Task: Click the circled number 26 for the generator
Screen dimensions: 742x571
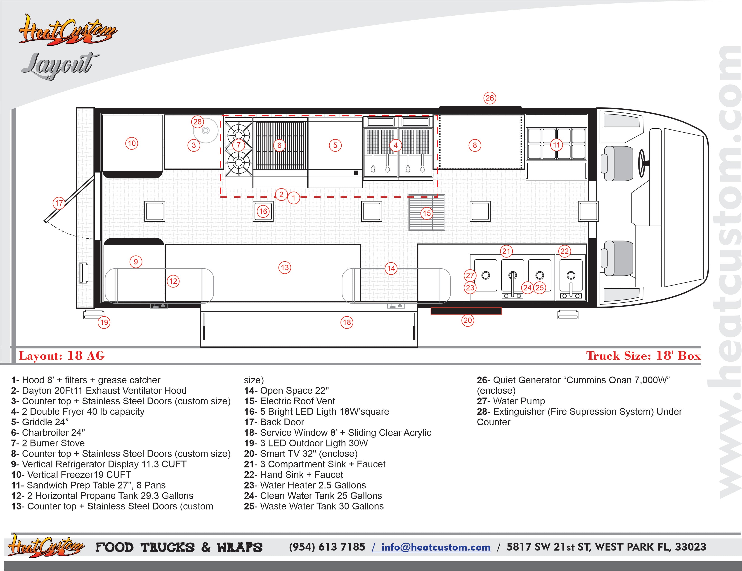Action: click(x=489, y=98)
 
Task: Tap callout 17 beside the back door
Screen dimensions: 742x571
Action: click(x=59, y=203)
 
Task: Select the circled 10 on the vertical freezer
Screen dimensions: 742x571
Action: click(x=132, y=143)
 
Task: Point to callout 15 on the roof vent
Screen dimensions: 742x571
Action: click(x=427, y=213)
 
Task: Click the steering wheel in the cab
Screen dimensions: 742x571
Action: click(x=642, y=163)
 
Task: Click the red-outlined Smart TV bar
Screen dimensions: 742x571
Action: click(x=466, y=311)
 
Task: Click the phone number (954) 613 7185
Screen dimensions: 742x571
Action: click(x=327, y=547)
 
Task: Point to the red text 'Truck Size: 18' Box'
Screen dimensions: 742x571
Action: click(x=643, y=356)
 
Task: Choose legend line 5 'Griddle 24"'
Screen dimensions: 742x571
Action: click(x=40, y=422)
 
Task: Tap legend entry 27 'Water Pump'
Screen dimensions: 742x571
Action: click(x=511, y=401)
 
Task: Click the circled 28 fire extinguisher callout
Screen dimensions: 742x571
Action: click(x=197, y=122)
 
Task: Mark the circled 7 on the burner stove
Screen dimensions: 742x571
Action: click(x=239, y=145)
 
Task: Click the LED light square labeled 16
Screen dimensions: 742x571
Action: click(x=263, y=211)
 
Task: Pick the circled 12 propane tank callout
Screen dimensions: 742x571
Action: click(x=173, y=281)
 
